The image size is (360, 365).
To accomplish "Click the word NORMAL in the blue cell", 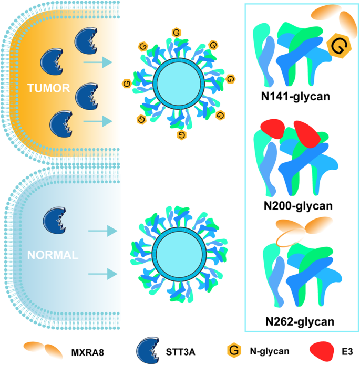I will coord(53,256).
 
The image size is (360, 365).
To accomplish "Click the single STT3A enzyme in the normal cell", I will coord(54,220).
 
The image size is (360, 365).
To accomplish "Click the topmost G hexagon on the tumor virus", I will coord(176,33).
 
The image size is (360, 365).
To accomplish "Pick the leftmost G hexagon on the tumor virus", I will coord(126,82).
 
